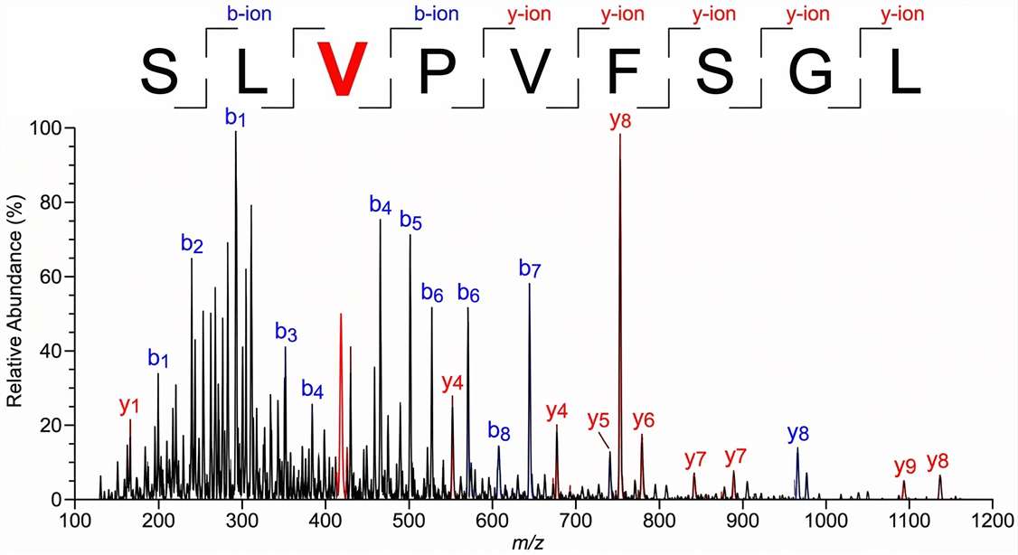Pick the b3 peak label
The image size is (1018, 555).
pos(286,332)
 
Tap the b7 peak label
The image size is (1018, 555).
pos(530,268)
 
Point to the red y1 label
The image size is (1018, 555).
pos(130,406)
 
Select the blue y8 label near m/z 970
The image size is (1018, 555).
pos(796,432)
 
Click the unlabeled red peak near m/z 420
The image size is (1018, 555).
pos(341,362)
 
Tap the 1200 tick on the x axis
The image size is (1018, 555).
pos(993,522)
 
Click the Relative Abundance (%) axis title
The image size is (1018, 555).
pos(15,314)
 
